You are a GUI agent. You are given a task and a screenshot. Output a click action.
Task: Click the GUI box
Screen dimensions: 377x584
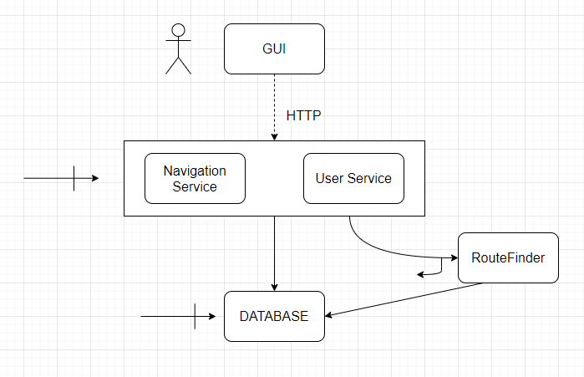274,48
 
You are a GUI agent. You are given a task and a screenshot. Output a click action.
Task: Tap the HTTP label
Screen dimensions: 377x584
304,115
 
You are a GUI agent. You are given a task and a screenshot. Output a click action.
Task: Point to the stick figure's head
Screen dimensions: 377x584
177,31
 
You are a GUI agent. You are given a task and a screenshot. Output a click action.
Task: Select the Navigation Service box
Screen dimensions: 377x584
195,178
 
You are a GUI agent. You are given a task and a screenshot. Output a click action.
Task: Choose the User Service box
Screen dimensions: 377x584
353,178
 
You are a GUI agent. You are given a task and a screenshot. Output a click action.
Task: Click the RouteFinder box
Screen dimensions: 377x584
508,257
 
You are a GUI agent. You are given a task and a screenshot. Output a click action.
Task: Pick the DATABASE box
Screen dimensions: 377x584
274,316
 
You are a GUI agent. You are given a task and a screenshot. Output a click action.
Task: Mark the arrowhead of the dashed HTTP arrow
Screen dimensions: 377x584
274,136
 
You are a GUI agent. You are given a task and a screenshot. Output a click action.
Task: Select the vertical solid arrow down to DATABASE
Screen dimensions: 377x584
274,251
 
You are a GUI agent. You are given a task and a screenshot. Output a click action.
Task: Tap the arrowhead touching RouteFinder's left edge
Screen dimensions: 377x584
454,257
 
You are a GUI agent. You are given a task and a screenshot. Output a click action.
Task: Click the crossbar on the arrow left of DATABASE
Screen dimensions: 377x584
195,317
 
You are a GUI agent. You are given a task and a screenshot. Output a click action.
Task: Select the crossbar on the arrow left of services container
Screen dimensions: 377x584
74,178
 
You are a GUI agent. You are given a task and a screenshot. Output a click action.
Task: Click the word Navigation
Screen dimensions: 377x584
195,171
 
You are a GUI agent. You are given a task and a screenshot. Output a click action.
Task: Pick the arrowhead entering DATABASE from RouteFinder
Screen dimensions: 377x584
329,315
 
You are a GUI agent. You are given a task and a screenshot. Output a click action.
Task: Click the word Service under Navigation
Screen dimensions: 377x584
195,186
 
